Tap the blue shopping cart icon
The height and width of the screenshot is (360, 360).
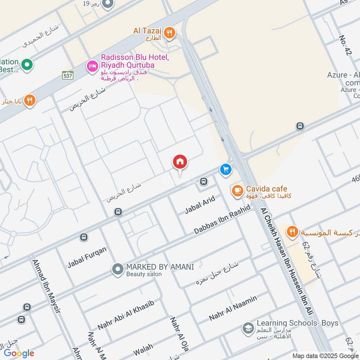225,170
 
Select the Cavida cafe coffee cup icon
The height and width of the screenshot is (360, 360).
237,191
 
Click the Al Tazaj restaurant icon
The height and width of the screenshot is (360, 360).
170,32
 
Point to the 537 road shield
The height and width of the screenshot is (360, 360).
68,75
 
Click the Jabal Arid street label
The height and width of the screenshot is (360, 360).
200,205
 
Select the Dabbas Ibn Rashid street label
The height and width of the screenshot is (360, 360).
222,221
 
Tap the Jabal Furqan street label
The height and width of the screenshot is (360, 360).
87,257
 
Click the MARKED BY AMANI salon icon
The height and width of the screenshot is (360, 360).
117,270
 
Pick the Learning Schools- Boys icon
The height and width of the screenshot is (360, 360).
247,328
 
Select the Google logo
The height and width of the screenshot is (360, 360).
19,353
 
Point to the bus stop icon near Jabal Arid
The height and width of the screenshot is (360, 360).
203,182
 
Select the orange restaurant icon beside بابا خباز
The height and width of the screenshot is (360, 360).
30,100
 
